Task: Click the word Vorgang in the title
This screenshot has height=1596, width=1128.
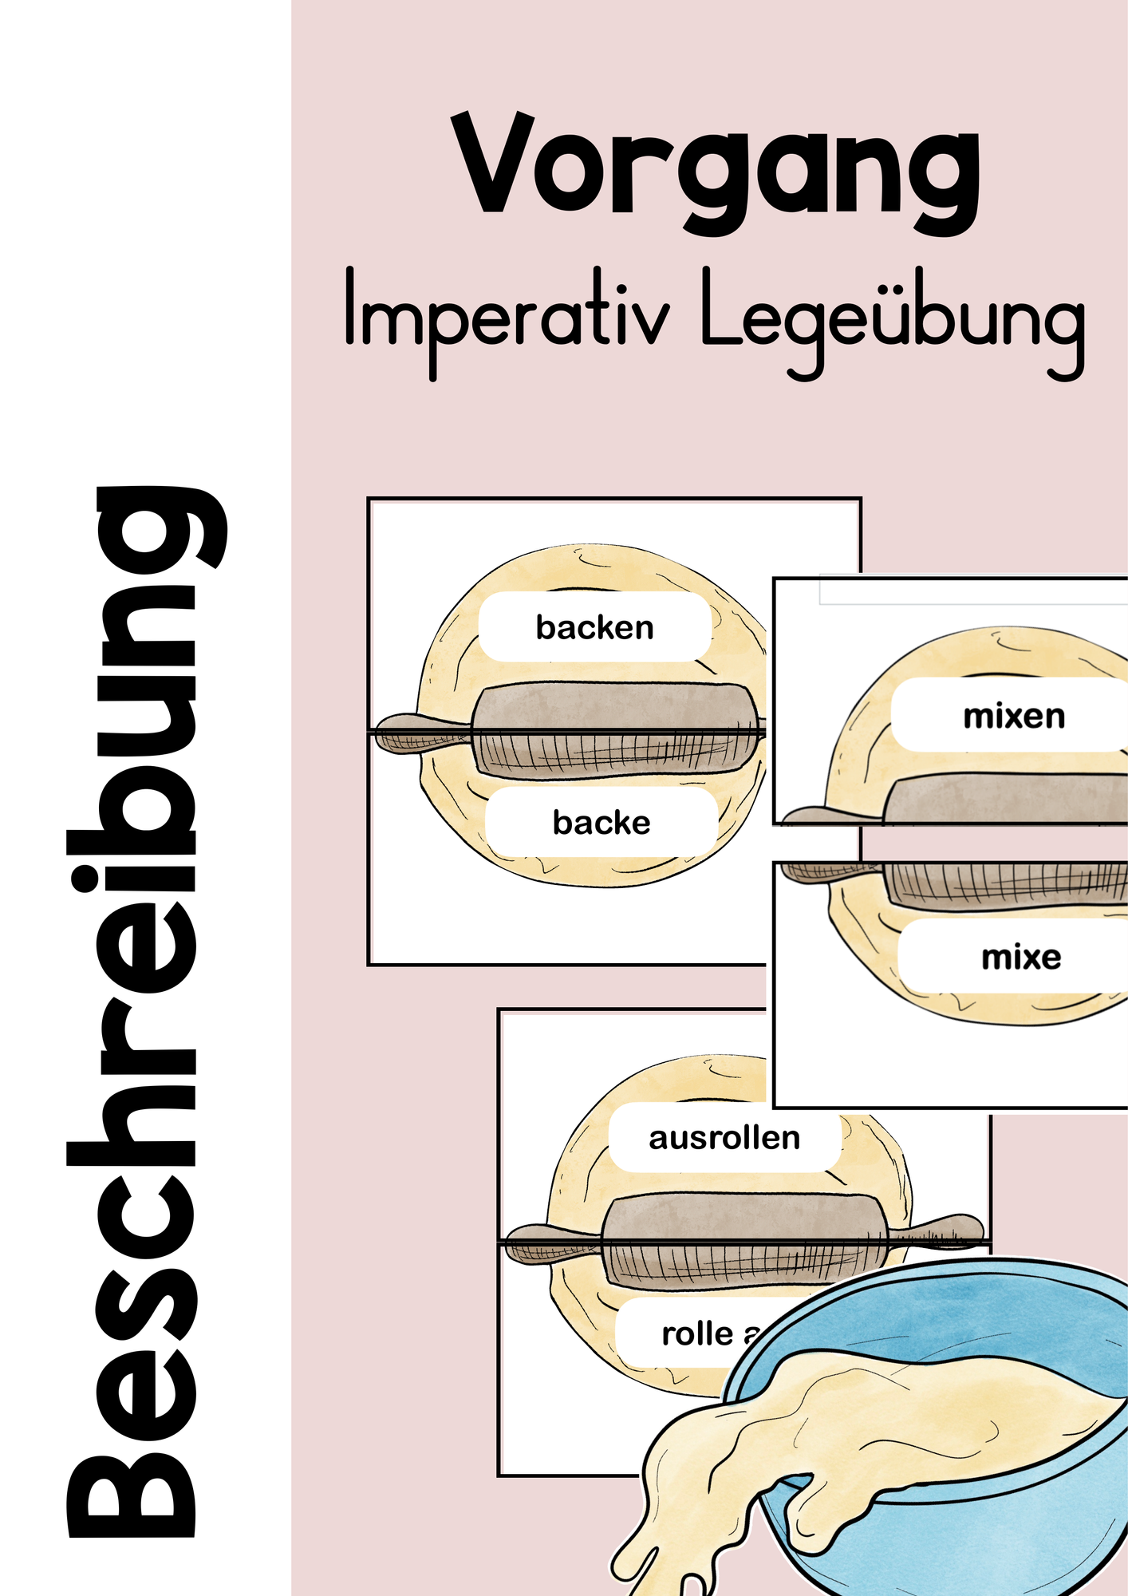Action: tap(716, 173)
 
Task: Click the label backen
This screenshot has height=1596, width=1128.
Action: tap(595, 627)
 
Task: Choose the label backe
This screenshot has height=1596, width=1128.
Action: tap(601, 822)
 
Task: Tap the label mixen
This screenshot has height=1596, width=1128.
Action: tap(1014, 716)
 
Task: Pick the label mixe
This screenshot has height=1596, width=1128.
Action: tap(1021, 957)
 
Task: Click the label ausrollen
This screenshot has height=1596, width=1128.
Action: tap(724, 1138)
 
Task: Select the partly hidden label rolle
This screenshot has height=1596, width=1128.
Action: tap(697, 1333)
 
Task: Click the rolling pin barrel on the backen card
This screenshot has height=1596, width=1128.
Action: tap(615, 731)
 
